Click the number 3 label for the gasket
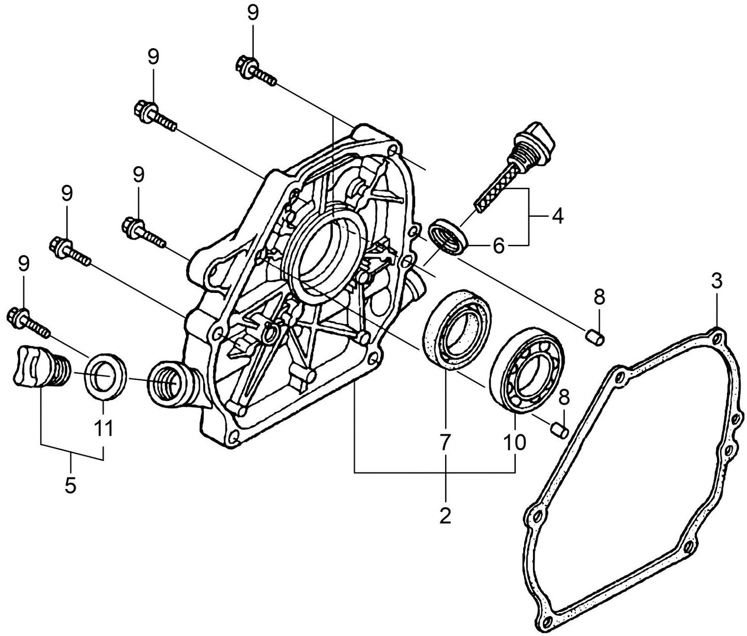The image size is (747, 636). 716,283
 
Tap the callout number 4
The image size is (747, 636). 556,216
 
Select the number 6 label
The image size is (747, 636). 498,246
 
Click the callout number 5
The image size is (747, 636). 70,485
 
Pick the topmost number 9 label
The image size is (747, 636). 252,13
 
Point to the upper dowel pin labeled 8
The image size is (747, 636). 596,337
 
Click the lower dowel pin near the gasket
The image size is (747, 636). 560,429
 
